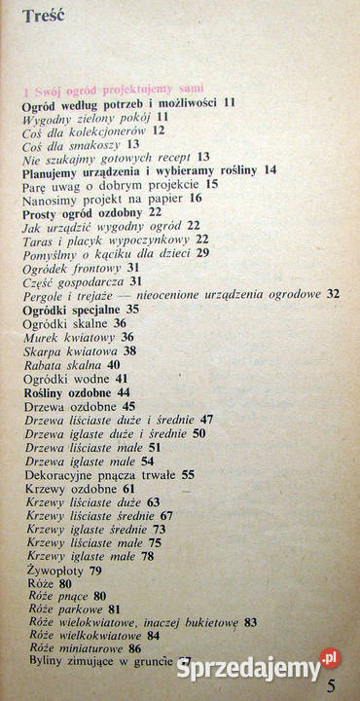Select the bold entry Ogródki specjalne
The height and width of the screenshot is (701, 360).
[x=71, y=309]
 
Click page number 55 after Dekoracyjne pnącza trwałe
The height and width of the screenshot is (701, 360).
[x=188, y=474]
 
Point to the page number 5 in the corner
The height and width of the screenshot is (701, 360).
[x=333, y=685]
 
